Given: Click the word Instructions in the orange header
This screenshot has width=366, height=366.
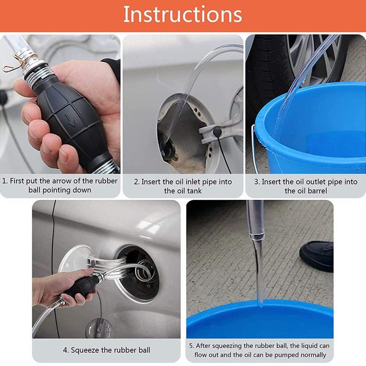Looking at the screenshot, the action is (x=183, y=15).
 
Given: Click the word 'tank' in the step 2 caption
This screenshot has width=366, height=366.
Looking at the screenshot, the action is (x=194, y=191).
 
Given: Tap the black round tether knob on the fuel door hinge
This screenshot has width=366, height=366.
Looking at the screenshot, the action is (x=217, y=131).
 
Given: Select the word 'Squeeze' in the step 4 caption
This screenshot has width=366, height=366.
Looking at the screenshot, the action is (x=85, y=350).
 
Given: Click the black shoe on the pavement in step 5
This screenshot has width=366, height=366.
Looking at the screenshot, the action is (x=317, y=256).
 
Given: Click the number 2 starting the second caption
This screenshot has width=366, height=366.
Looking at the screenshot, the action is (x=136, y=182).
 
